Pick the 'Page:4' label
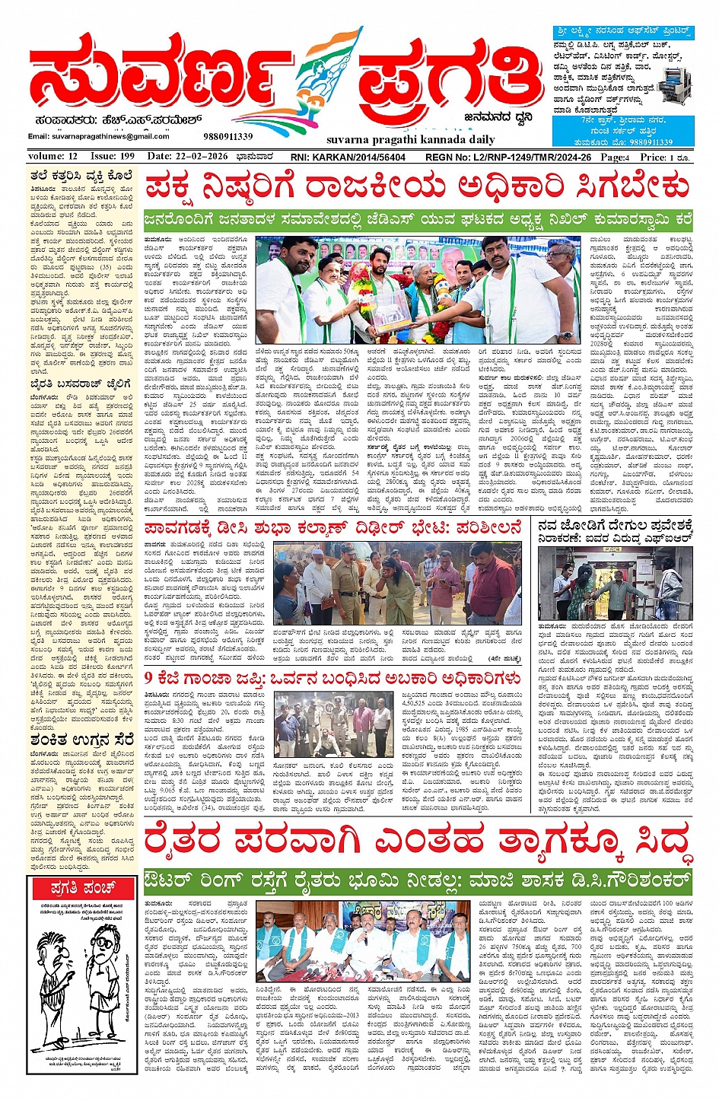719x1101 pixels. pos(615,158)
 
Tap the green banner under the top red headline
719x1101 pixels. pos(418,220)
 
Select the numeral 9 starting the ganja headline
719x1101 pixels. pos(149,677)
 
